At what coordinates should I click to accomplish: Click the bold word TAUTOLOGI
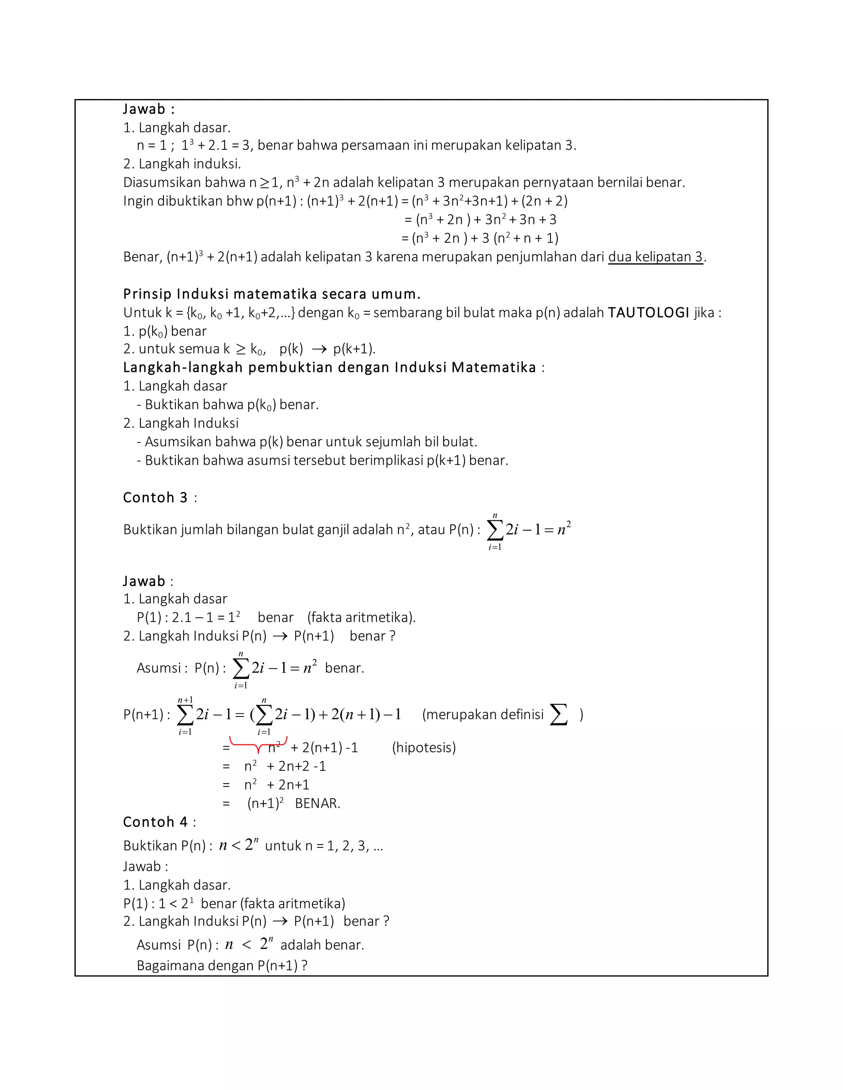648,313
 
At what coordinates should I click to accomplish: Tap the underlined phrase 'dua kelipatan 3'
655,257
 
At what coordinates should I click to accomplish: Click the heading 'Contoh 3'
155,497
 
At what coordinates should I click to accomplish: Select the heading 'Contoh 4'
155,821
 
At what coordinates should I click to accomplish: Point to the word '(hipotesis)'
424,747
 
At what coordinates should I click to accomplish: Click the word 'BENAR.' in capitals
318,803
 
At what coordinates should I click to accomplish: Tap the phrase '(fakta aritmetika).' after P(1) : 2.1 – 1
361,617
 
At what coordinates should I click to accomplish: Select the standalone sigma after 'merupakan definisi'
559,714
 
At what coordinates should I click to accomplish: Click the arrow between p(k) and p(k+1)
319,349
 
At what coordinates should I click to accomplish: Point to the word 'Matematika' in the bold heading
494,367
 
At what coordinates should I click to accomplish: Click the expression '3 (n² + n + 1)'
519,238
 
